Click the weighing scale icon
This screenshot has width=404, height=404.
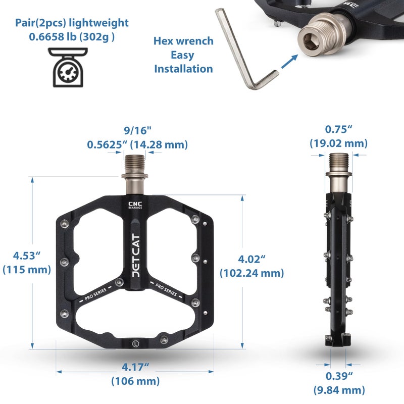click(68, 68)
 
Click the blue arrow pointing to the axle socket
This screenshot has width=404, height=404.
click(289, 62)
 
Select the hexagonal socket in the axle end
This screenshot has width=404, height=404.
click(310, 40)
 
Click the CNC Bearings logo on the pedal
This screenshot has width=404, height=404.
click(135, 205)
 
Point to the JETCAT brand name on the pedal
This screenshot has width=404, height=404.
click(136, 256)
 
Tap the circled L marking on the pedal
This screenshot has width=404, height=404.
click(135, 344)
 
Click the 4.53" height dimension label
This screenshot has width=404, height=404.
click(27, 256)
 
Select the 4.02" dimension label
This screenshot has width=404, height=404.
click(251, 259)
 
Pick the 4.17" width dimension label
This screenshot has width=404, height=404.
click(135, 367)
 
